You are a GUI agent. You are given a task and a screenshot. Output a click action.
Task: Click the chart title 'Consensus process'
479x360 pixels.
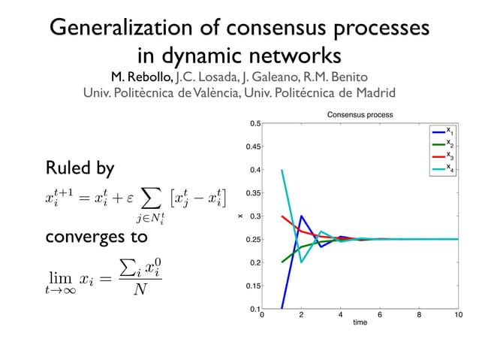pyautogui.click(x=360, y=114)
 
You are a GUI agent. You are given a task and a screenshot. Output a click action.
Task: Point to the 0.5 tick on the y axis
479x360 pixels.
pyautogui.click(x=255, y=124)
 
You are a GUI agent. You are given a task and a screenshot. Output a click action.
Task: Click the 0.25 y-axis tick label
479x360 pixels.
pyautogui.click(x=254, y=240)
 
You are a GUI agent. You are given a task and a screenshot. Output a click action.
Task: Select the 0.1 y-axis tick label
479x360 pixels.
pyautogui.click(x=255, y=309)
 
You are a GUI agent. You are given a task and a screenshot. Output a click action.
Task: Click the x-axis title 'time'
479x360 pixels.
pyautogui.click(x=360, y=323)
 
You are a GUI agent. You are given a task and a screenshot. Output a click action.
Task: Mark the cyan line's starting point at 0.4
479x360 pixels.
pyautogui.click(x=282, y=170)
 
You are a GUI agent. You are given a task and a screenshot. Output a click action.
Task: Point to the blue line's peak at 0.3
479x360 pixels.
pyautogui.click(x=301, y=216)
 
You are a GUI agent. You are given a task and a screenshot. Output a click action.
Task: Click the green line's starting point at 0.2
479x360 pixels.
pyautogui.click(x=282, y=262)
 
